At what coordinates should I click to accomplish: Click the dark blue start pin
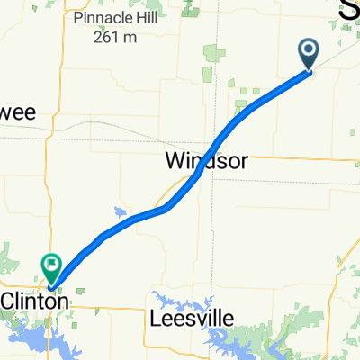pyautogui.click(x=309, y=54)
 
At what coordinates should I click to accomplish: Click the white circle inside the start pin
pyautogui.click(x=309, y=50)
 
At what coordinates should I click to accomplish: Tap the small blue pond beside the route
pyautogui.click(x=120, y=212)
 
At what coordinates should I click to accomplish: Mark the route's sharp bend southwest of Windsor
pyautogui.click(x=168, y=208)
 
